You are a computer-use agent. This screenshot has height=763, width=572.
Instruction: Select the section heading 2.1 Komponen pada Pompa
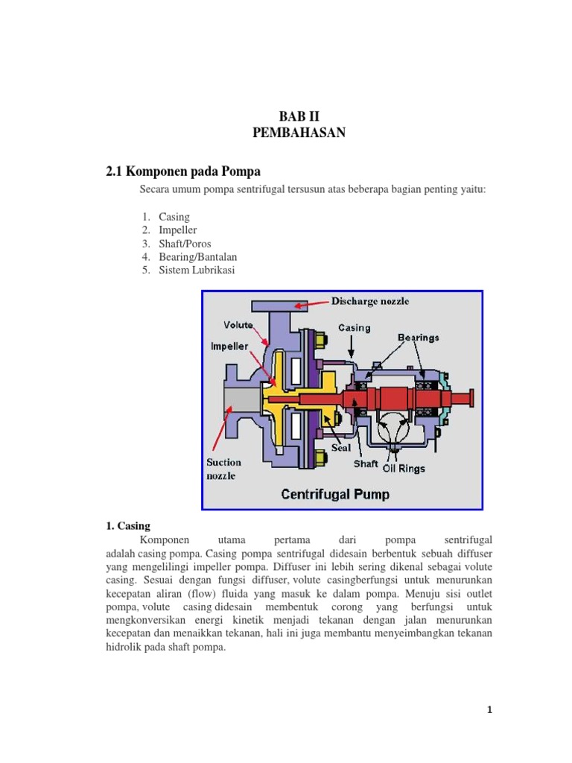tap(183, 171)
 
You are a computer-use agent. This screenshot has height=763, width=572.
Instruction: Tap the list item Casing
tap(174, 217)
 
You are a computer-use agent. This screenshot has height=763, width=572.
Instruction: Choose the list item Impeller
tap(177, 230)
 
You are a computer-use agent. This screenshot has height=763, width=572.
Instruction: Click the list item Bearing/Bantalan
tap(197, 257)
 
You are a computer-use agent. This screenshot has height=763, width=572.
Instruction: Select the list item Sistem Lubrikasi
tap(196, 270)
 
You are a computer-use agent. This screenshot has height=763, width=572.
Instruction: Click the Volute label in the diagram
tap(239, 325)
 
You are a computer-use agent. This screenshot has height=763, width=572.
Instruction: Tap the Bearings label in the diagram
tap(418, 337)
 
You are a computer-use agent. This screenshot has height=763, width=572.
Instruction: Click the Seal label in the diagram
tap(341, 448)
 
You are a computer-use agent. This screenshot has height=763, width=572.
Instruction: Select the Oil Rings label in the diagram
tap(404, 469)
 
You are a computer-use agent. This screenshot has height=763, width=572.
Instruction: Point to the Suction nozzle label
tap(224, 469)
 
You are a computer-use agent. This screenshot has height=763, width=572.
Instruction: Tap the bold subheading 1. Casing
tap(128, 525)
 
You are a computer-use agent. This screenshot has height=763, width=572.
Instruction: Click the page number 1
tap(490, 710)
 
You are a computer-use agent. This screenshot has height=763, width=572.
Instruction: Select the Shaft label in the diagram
tap(366, 462)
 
